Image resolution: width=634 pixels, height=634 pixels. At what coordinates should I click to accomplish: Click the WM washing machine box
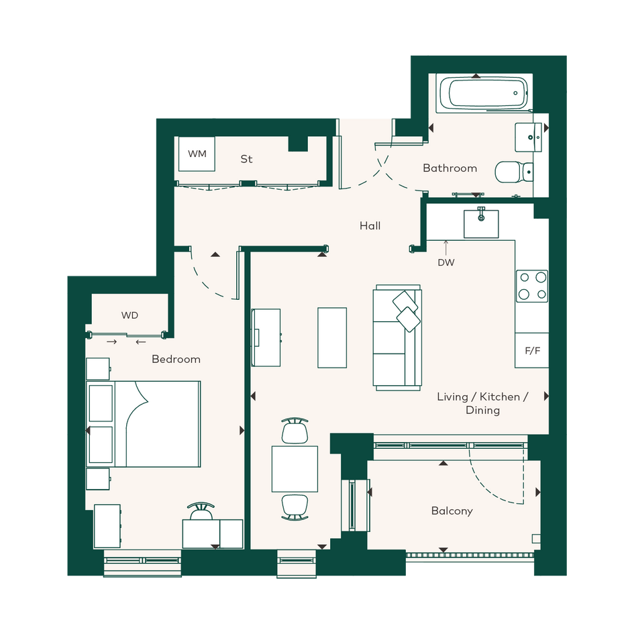point(197,154)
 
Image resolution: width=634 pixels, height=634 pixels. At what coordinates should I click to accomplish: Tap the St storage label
point(246,159)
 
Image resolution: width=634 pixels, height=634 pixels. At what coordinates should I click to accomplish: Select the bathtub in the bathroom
point(484,93)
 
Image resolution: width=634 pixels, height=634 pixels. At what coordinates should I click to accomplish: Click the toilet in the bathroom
point(514,172)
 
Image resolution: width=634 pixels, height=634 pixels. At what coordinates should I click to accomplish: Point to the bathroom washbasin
point(529,138)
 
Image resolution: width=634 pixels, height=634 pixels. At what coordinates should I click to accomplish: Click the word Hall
point(370,225)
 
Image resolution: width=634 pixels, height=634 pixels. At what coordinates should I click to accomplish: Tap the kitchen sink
point(481,223)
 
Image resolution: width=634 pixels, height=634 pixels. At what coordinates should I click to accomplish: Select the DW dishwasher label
point(446,262)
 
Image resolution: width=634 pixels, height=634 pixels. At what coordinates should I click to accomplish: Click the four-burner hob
point(532,286)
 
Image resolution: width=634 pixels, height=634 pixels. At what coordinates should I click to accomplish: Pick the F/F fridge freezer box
point(532,350)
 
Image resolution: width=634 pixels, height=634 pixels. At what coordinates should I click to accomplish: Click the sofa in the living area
point(397,337)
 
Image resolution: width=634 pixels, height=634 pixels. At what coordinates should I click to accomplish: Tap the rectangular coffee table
point(332,337)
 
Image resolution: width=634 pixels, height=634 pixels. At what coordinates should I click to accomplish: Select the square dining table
point(295,469)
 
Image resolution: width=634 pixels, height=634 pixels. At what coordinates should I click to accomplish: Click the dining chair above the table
point(295,431)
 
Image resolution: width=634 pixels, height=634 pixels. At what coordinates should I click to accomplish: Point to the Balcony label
point(452,511)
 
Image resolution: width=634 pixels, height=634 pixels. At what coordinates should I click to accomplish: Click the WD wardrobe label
point(129,315)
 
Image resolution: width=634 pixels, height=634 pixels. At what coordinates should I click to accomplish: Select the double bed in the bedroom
point(144,424)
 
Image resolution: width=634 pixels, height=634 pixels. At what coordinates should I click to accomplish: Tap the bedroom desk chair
point(201,511)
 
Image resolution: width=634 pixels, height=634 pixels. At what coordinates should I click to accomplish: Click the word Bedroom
point(176,359)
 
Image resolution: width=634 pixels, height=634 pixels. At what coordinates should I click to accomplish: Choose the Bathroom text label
point(450,168)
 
